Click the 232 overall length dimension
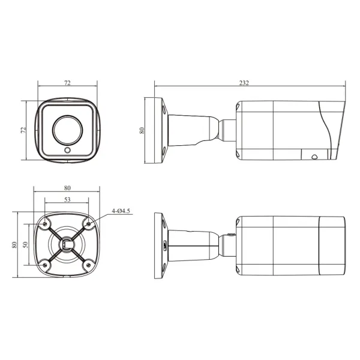pyautogui.click(x=244, y=83)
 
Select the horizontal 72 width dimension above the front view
pyautogui.click(x=67, y=83)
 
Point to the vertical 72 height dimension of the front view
pyautogui.click(x=23, y=130)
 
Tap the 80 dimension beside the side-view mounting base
pyautogui.click(x=142, y=130)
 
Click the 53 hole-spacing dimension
pyautogui.click(x=67, y=200)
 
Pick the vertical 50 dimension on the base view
pyautogui.click(x=25, y=245)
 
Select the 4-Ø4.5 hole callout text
pyautogui.click(x=121, y=211)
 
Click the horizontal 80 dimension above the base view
pyautogui.click(x=67, y=188)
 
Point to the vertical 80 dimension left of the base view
pyautogui.click(x=14, y=245)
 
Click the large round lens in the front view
pyautogui.click(x=67, y=130)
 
